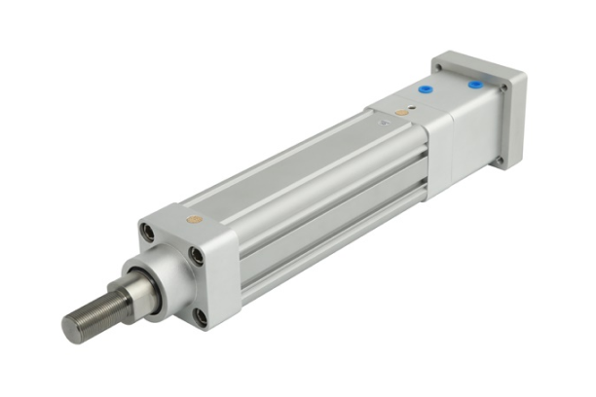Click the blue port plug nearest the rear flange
(475, 85)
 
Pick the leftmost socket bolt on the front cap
(147, 233)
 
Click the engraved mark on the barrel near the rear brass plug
(375, 124)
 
